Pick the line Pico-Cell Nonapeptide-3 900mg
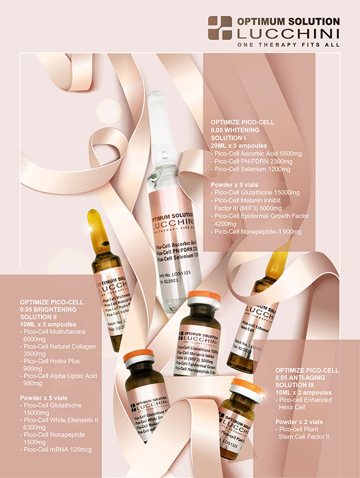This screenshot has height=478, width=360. coord(257,232)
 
